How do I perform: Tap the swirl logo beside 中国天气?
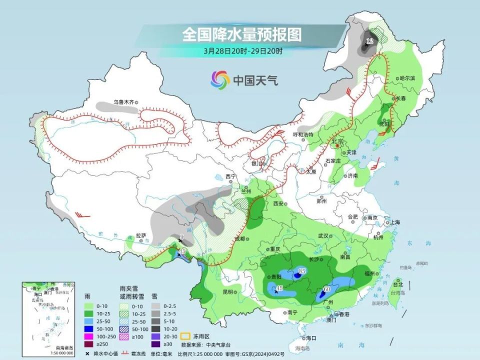220,79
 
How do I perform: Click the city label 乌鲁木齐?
123,102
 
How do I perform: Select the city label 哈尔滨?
407,78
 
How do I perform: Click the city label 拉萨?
141,235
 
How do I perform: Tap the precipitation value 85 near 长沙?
301,271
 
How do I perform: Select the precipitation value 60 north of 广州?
327,289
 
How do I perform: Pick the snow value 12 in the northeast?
370,40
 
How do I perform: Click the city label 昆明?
227,291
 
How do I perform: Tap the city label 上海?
394,222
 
